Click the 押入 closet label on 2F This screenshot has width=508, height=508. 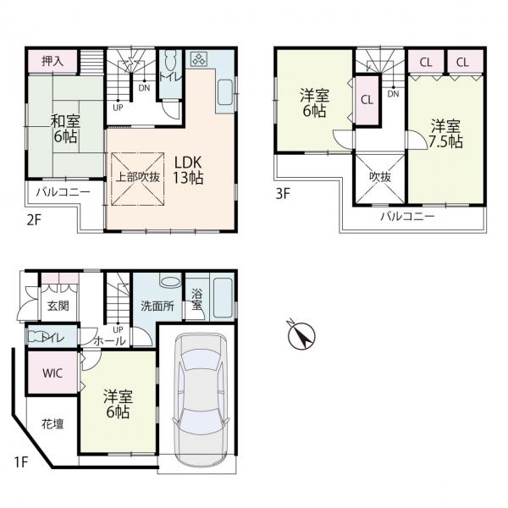click(52, 61)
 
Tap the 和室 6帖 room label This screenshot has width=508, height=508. click(65, 129)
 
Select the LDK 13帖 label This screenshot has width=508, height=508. click(188, 169)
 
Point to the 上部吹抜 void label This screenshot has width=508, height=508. click(138, 177)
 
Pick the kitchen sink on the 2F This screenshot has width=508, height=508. click(225, 92)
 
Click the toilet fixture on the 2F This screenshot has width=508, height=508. click(170, 62)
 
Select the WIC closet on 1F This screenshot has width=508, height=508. click(52, 373)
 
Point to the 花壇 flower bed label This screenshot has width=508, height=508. click(52, 424)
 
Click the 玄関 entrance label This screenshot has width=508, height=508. click(58, 306)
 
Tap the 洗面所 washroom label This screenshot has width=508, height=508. click(157, 306)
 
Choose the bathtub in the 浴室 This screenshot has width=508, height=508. click(223, 298)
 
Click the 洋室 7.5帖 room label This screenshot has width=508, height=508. click(446, 134)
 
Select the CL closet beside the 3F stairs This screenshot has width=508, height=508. click(367, 100)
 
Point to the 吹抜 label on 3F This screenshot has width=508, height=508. click(380, 177)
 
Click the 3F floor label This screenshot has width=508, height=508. click(282, 193)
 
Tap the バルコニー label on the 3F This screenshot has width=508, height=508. click(407, 216)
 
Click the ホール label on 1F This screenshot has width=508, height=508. click(109, 341)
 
